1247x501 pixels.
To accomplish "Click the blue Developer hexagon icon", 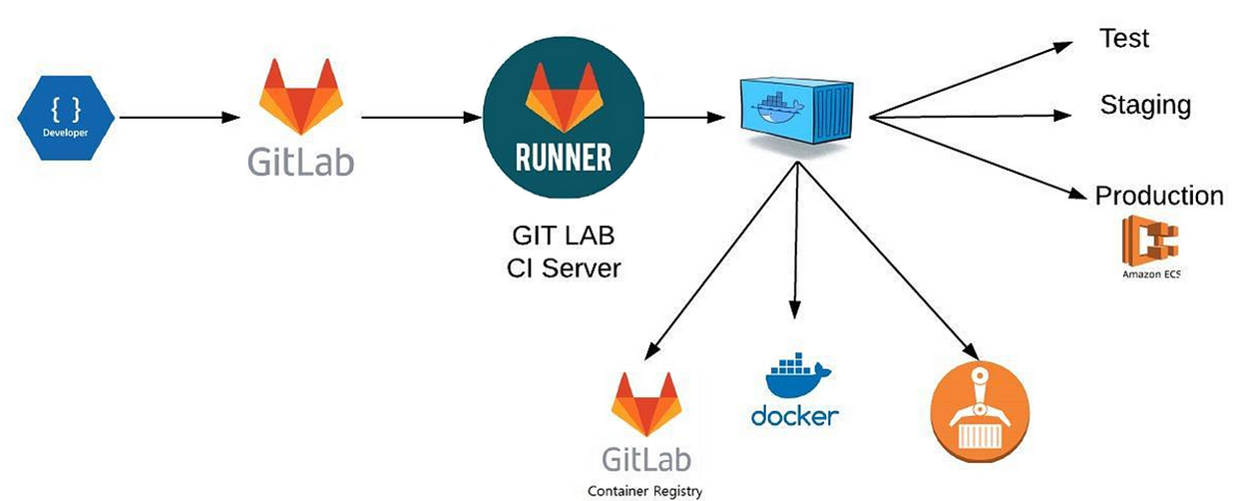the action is click(66, 118).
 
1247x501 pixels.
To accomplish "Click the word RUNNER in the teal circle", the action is click(564, 158).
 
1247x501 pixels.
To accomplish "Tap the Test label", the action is click(1124, 38).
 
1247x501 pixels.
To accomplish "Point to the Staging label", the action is click(1145, 105).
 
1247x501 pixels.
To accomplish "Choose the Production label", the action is click(1159, 196).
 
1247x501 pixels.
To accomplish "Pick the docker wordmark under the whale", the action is click(794, 416).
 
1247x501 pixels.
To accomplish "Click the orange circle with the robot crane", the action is click(980, 412).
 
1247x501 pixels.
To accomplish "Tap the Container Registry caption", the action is click(644, 491).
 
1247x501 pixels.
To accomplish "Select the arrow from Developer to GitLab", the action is click(180, 118).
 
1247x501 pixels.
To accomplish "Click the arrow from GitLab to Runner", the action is click(421, 118).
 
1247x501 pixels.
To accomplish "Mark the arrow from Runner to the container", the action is click(684, 118).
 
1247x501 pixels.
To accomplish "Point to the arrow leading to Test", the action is click(971, 80).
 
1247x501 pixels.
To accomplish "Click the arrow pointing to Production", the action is click(978, 158).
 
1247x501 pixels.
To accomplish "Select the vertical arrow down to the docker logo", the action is click(796, 241).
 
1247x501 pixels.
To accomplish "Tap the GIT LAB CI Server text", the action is click(564, 251).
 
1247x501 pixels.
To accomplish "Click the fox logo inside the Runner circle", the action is click(564, 98).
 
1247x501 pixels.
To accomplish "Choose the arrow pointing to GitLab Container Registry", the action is click(720, 261).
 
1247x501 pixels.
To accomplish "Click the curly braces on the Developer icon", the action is click(66, 109).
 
